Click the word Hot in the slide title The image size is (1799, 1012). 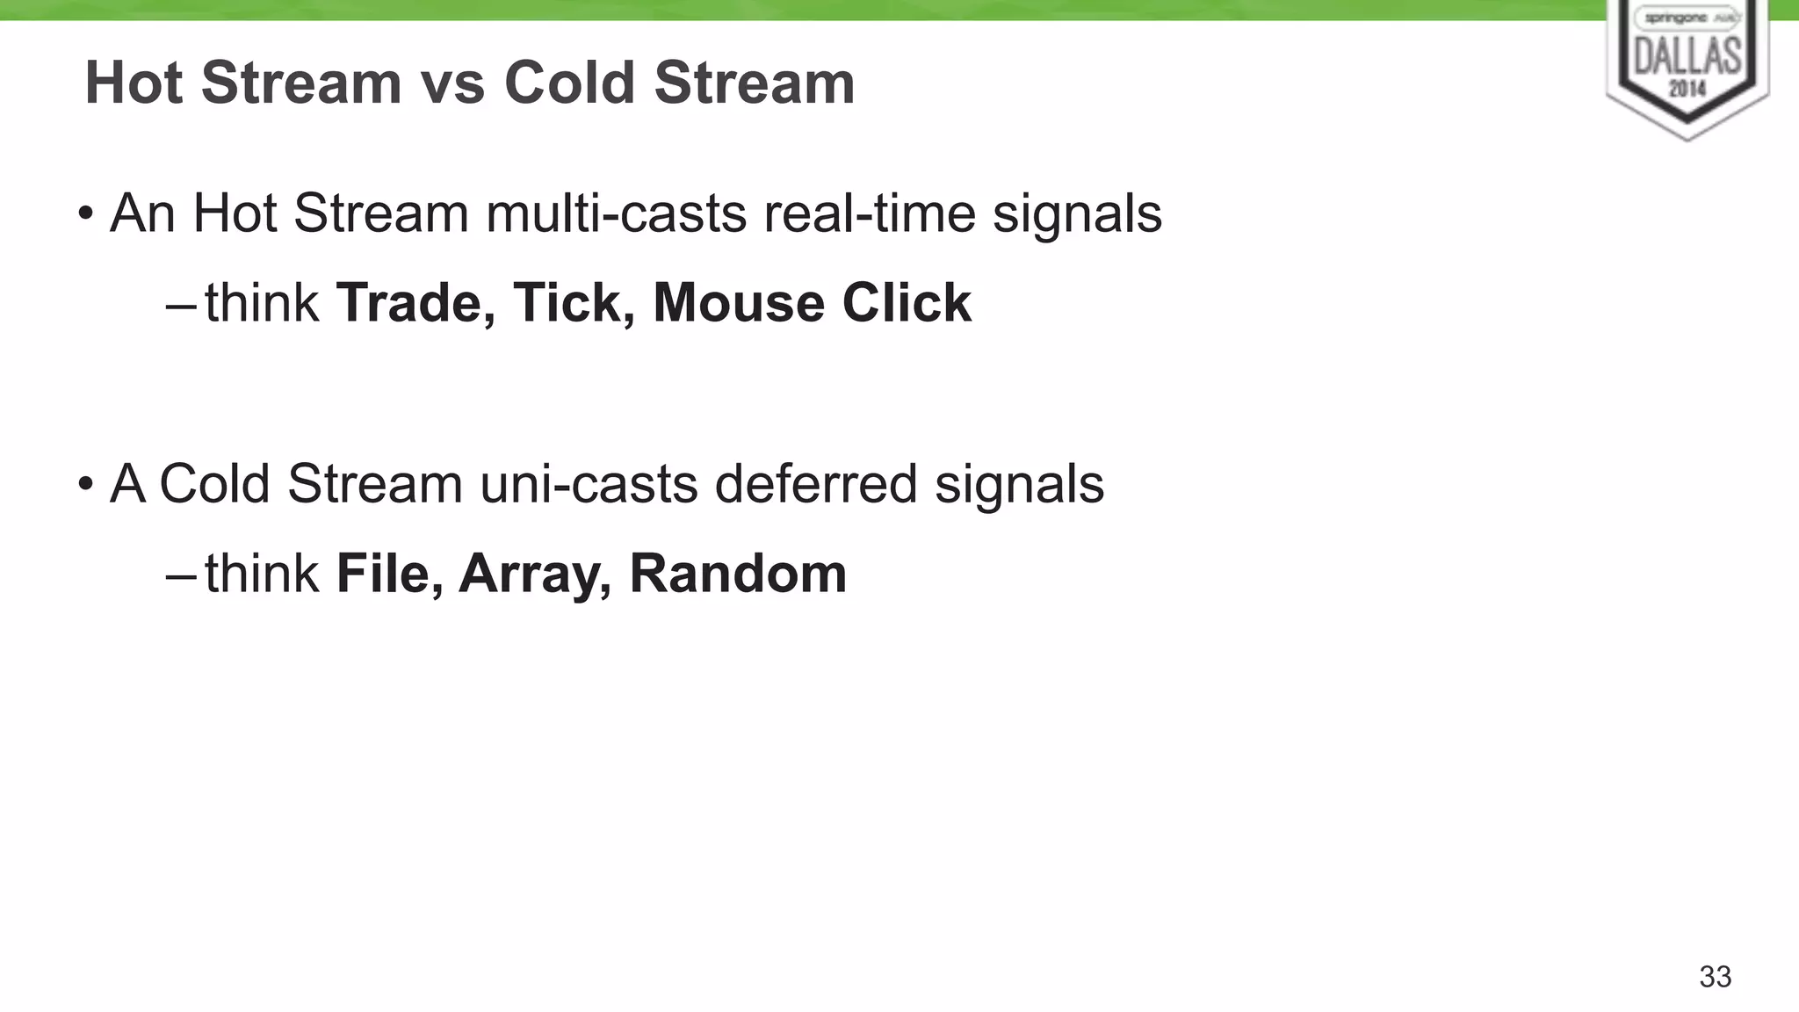(134, 83)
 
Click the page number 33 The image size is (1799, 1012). (1715, 977)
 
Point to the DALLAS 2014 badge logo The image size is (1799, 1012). (1687, 66)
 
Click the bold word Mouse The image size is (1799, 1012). (739, 304)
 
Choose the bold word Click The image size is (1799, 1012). (907, 304)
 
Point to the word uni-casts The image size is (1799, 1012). (589, 484)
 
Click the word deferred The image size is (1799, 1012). (816, 484)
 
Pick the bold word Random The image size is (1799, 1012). (738, 575)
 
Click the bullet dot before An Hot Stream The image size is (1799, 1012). (85, 213)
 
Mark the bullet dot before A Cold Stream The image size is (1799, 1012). (85, 484)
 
